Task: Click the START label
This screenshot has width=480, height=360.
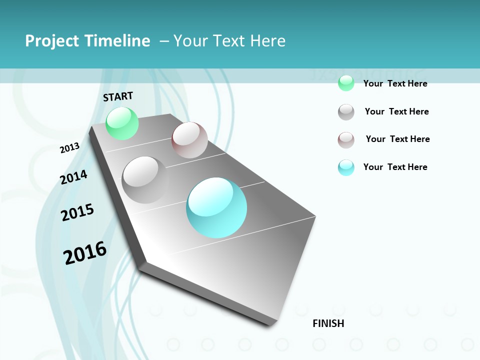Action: pos(118,96)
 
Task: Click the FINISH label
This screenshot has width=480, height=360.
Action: pos(328,323)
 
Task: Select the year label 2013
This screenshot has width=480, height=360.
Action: pos(69,148)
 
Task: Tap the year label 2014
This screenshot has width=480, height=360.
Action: pos(73,177)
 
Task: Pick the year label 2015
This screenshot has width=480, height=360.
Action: pos(77,212)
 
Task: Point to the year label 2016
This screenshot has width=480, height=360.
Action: pos(85,252)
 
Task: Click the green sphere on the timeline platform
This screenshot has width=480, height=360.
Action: pos(122,123)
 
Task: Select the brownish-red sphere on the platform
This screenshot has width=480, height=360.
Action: pos(189,140)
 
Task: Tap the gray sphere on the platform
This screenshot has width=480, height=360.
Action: pos(145,179)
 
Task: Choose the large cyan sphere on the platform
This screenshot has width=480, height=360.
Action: pos(216,207)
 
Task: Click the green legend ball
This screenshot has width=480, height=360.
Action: pos(346,83)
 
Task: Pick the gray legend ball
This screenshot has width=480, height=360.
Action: pos(346,112)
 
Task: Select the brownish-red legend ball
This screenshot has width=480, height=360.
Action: pos(346,140)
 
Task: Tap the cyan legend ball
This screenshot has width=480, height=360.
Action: pos(346,167)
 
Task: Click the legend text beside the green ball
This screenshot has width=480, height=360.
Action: pos(395,83)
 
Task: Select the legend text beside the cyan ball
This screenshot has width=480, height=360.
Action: pos(395,167)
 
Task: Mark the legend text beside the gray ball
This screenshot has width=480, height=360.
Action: pos(396,111)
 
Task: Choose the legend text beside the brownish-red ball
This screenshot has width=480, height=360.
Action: pos(397,139)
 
